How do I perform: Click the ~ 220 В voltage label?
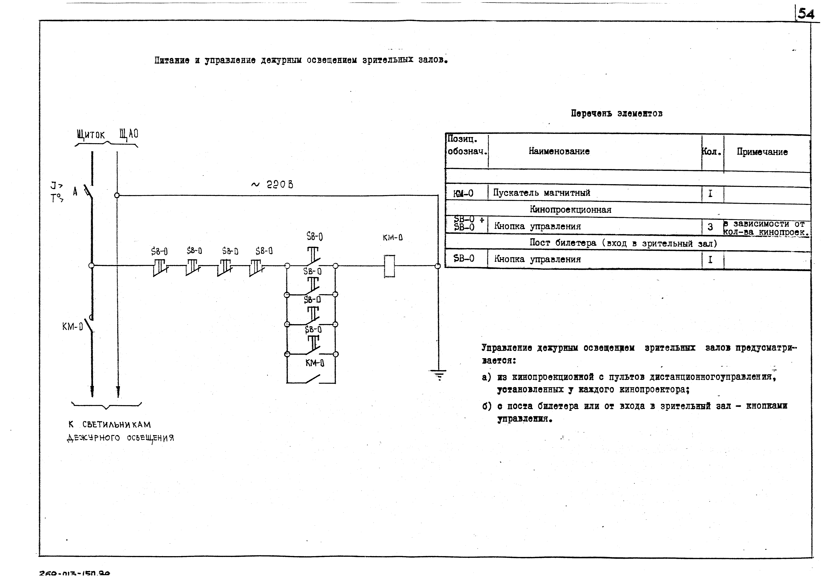click(x=272, y=185)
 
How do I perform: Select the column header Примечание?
click(x=762, y=152)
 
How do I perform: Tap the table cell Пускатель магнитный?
click(x=541, y=193)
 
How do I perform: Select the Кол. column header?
click(x=711, y=152)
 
